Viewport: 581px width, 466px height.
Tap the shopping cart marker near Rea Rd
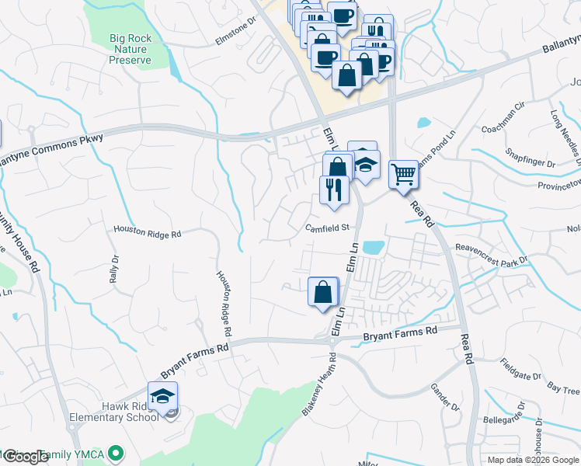tap(403, 173)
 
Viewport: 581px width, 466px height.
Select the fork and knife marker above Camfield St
tap(335, 190)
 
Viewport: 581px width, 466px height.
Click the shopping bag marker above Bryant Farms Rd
tap(323, 293)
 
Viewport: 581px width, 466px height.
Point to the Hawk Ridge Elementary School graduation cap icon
tap(163, 395)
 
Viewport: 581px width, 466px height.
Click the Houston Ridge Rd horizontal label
tap(147, 231)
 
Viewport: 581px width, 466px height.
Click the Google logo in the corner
tap(25, 457)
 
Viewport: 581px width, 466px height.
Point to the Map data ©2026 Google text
tap(532, 460)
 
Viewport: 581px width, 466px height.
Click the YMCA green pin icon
tap(117, 451)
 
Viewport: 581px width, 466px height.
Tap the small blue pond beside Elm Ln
tap(374, 248)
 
